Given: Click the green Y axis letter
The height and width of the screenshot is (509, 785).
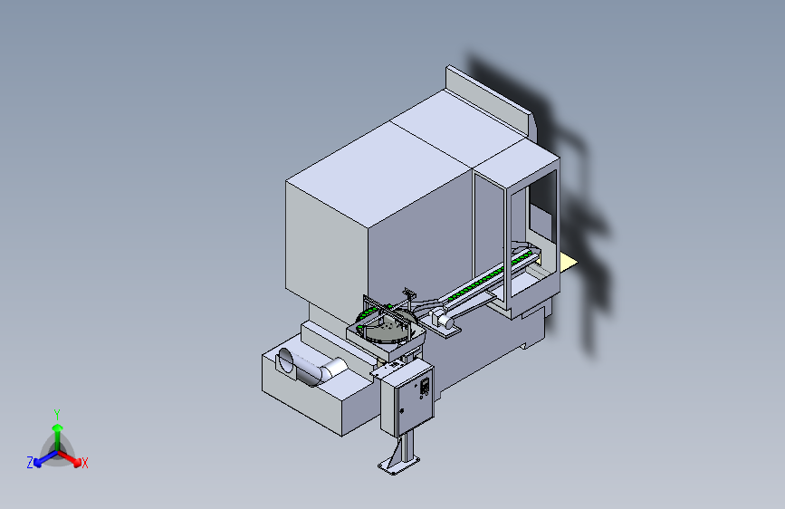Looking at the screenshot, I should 56,413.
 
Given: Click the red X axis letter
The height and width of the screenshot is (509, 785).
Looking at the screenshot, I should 85,464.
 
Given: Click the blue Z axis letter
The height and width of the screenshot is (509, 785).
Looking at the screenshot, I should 30,463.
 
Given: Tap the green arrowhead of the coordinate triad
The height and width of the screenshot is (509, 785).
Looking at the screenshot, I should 57,427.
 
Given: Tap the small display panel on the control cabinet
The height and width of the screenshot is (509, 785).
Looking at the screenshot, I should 423,387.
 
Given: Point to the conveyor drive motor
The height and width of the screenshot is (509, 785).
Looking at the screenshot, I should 443,319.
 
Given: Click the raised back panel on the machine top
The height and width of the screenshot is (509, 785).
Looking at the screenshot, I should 489,95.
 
